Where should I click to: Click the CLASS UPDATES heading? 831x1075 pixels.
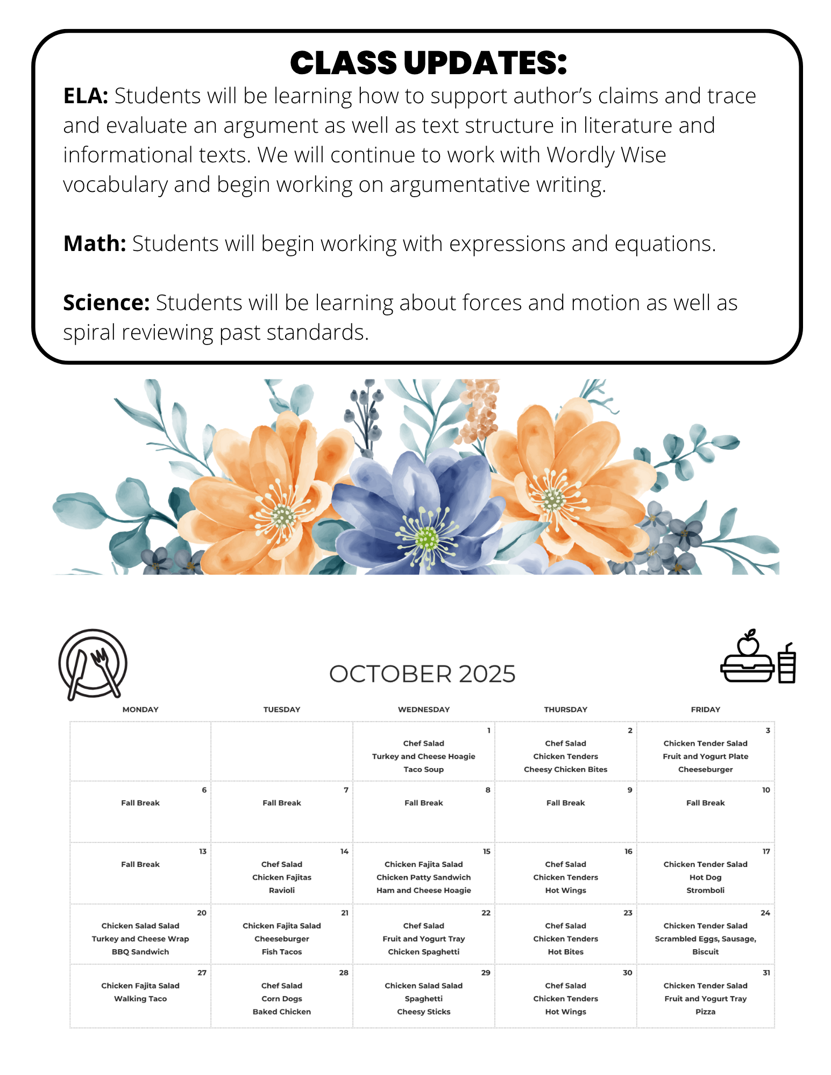click(428, 63)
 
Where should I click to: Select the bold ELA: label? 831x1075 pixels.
click(86, 96)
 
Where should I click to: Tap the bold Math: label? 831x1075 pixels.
click(95, 244)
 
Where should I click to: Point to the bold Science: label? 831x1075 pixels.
click(106, 303)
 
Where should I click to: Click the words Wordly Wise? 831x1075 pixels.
click(606, 155)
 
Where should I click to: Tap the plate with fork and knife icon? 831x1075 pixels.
click(93, 664)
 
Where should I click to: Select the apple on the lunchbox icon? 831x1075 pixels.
click(748, 643)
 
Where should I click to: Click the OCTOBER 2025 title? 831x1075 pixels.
click(422, 674)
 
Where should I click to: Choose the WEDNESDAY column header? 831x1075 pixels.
click(424, 709)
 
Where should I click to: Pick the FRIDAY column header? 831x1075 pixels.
click(705, 709)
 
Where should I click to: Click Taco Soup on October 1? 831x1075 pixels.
click(424, 769)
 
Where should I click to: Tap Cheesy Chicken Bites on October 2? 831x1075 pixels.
click(565, 769)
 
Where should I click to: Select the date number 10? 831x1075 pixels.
click(766, 790)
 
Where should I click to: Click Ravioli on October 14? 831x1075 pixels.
click(282, 890)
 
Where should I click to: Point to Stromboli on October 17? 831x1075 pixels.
click(705, 890)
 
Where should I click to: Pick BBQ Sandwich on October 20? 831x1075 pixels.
click(140, 951)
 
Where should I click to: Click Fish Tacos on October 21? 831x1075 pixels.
click(282, 951)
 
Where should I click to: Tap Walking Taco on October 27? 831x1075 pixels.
click(140, 999)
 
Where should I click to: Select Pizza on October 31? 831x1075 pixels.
click(705, 1012)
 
